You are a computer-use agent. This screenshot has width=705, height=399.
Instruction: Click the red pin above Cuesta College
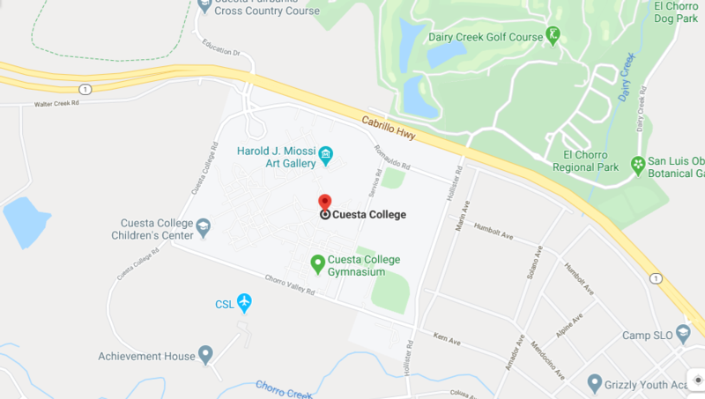click(324, 202)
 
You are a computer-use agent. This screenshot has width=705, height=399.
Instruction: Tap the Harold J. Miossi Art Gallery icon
click(326, 157)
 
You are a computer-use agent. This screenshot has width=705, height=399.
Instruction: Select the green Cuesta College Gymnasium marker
click(318, 263)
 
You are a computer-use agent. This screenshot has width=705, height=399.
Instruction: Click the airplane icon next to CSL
click(244, 304)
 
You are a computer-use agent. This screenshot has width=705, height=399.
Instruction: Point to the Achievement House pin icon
click(205, 355)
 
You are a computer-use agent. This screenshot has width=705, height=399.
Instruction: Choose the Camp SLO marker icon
click(684, 335)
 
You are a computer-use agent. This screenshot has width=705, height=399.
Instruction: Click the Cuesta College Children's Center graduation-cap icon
click(204, 229)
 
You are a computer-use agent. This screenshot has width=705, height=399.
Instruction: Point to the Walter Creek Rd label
click(57, 103)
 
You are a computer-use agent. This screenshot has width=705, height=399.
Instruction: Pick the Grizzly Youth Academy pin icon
click(596, 384)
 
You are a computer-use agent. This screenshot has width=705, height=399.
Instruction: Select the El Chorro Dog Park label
click(677, 11)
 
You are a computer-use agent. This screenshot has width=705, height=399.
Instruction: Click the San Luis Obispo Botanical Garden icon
click(637, 165)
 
